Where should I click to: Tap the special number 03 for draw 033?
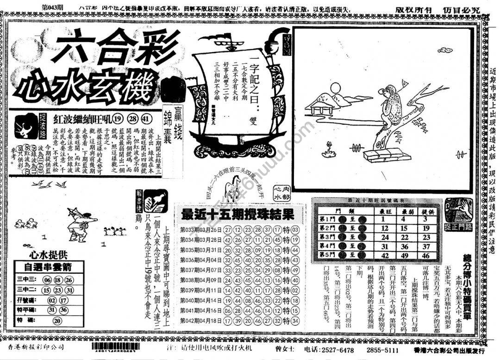295,230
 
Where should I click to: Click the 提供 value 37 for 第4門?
425,246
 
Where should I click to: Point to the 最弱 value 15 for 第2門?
404,228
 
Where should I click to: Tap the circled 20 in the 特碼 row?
57,320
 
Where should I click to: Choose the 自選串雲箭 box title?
49,267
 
